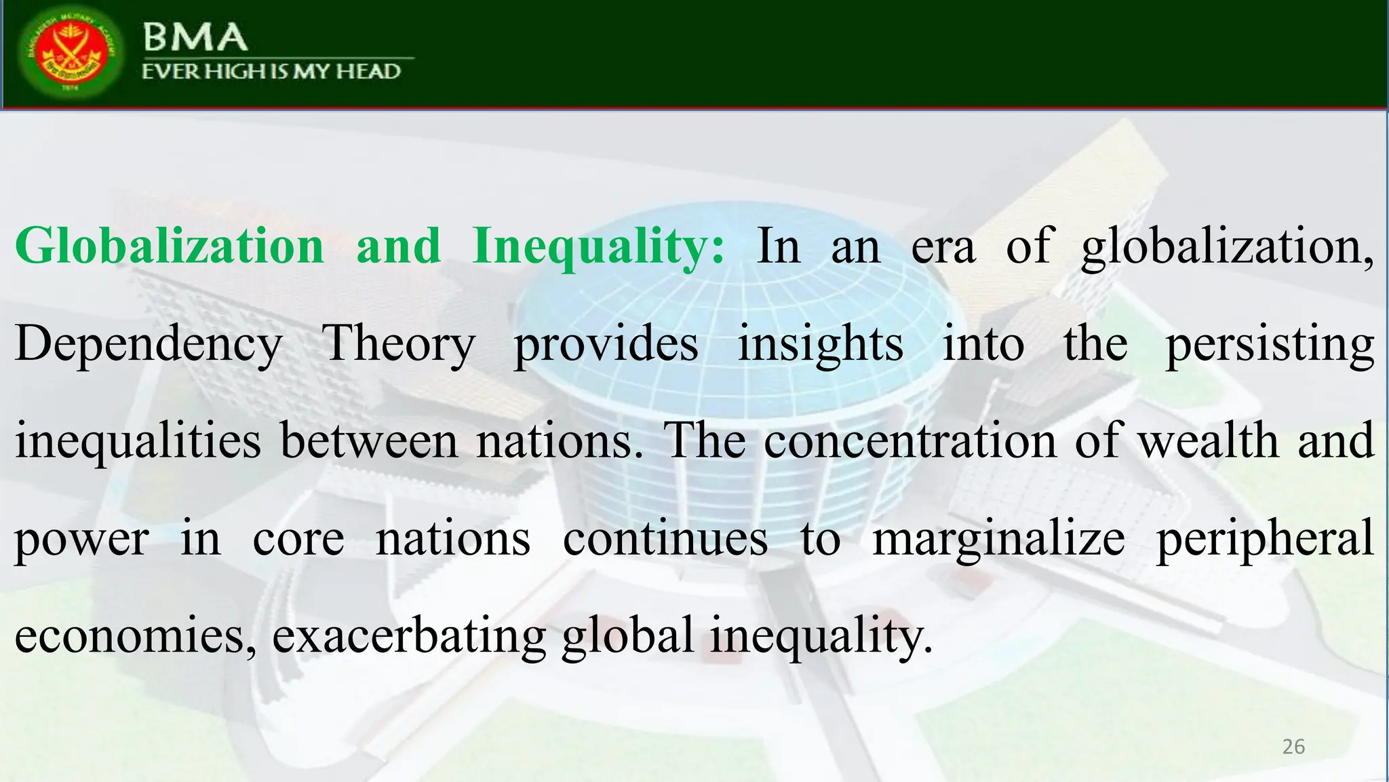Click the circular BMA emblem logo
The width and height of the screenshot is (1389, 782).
[71, 54]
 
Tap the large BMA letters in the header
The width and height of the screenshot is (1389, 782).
[195, 37]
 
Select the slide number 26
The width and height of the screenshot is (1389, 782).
[1293, 747]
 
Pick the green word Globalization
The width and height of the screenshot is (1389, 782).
[170, 246]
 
